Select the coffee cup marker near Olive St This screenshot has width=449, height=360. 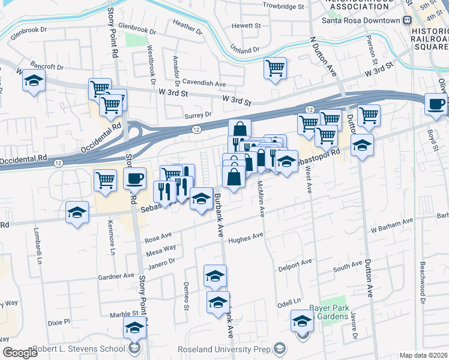436,105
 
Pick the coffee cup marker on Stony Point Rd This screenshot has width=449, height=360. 134,179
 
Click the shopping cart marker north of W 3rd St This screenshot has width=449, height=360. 275,68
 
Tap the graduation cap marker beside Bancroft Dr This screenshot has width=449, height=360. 34,81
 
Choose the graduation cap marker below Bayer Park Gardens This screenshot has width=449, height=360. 303,321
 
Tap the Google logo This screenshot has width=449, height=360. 20,353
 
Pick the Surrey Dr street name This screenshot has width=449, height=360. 200,114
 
